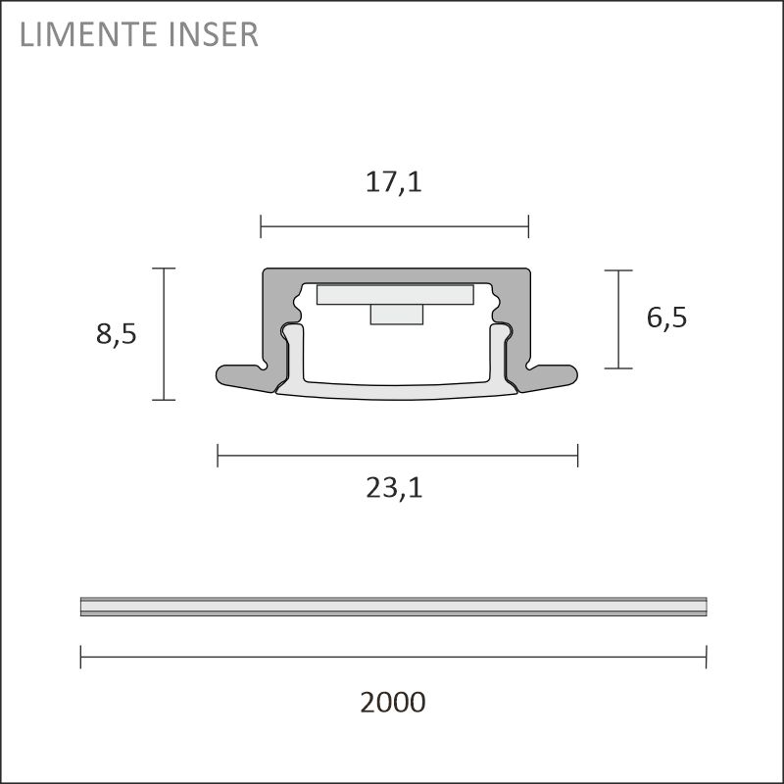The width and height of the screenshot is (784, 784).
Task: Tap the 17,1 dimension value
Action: pyautogui.click(x=394, y=181)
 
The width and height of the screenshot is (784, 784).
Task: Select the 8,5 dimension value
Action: pyautogui.click(x=116, y=334)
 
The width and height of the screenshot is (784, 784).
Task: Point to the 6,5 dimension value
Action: pyautogui.click(x=666, y=317)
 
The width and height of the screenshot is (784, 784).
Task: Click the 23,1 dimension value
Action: pyautogui.click(x=395, y=488)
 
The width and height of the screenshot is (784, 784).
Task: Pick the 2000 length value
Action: pyautogui.click(x=393, y=702)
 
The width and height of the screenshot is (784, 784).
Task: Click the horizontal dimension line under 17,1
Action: pyautogui.click(x=395, y=226)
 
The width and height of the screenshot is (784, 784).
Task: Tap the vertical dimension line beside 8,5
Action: pyautogui.click(x=164, y=334)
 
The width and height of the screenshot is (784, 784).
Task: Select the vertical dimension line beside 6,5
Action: pyautogui.click(x=618, y=319)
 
